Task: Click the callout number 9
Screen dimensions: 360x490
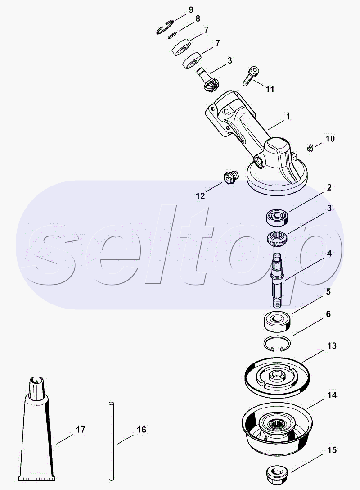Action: (191, 10)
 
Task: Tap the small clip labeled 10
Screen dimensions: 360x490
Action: (310, 148)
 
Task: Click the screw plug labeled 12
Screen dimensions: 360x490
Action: (231, 177)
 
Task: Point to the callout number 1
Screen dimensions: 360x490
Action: (288, 117)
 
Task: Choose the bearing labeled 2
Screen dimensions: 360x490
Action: (277, 217)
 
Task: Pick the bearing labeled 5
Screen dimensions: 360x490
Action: (277, 322)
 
